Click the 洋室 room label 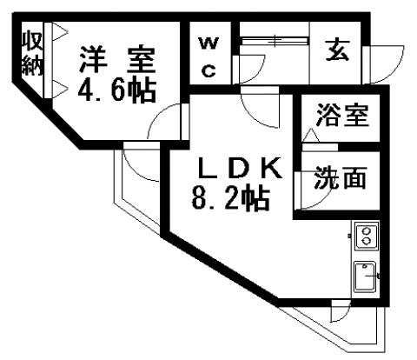pyautogui.click(x=117, y=59)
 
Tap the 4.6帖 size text pyautogui.click(x=117, y=90)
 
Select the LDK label pyautogui.click(x=240, y=168)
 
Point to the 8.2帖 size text pyautogui.click(x=231, y=198)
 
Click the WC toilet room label pyautogui.click(x=209, y=57)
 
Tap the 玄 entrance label pyautogui.click(x=338, y=50)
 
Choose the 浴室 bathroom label pyautogui.click(x=343, y=115)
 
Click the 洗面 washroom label pyautogui.click(x=341, y=177)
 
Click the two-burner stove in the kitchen pyautogui.click(x=367, y=236)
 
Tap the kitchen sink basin pyautogui.click(x=366, y=277)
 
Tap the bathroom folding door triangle pyautogui.click(x=311, y=136)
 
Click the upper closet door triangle pyautogui.click(x=60, y=32)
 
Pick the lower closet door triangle pyautogui.click(x=60, y=90)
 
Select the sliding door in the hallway pyautogui.click(x=275, y=41)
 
